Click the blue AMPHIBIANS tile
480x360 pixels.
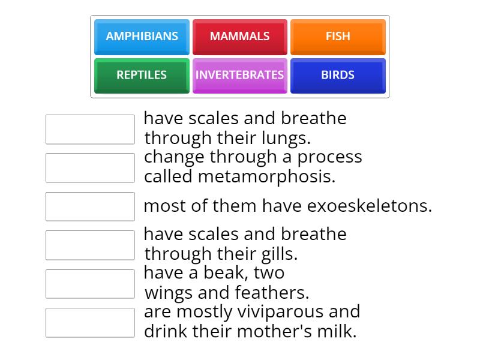[142, 37]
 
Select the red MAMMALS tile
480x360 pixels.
[239, 37]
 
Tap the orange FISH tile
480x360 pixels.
[338, 37]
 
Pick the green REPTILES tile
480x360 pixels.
[142, 76]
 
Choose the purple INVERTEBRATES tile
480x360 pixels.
[239, 76]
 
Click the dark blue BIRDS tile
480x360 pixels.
[338, 76]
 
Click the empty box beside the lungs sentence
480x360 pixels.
[90, 130]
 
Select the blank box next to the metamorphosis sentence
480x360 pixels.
[90, 168]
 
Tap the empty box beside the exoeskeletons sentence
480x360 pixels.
[90, 206]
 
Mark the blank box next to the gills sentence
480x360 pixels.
[90, 245]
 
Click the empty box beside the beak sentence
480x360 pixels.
[90, 284]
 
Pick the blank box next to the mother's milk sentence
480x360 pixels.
[90, 323]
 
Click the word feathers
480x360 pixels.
[269, 293]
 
